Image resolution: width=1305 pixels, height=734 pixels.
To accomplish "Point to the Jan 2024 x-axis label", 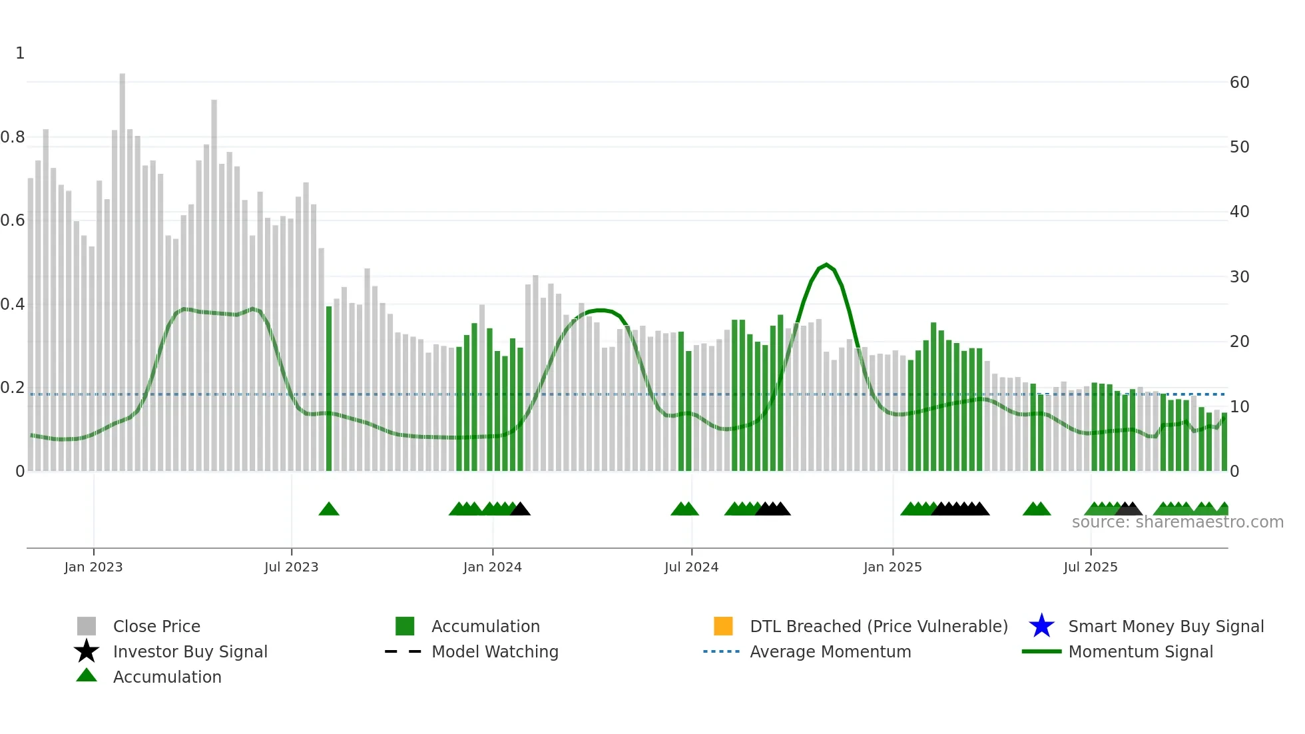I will [492, 567].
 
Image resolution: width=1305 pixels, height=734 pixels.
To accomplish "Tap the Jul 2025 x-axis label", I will [1090, 567].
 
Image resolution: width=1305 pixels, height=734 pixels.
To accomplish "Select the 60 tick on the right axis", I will [1239, 83].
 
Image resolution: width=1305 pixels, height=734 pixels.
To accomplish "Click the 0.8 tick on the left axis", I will [13, 137].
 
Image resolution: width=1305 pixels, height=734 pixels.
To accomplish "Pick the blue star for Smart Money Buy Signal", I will [1041, 626].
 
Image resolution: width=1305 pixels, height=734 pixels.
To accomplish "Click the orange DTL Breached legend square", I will [723, 626].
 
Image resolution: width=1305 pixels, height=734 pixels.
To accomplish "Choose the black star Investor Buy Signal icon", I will [87, 651].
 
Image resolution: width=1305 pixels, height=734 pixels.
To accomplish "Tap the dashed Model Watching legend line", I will [403, 651].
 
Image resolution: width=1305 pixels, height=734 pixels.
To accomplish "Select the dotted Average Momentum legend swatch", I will [722, 651].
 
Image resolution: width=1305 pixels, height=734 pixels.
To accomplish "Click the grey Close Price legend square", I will [87, 626].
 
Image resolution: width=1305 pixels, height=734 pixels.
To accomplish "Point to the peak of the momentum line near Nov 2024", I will [826, 265].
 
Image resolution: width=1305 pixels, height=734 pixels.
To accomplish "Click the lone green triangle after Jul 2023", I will [329, 510].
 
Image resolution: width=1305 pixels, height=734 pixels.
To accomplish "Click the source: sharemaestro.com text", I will [1177, 522].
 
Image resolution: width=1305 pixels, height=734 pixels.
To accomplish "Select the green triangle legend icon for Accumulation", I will [87, 676].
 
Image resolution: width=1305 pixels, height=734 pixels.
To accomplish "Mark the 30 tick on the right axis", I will [1239, 276].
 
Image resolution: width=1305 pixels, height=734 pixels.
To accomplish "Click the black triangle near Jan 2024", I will [521, 510].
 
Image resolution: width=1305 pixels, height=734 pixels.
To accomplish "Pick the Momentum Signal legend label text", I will [1141, 651].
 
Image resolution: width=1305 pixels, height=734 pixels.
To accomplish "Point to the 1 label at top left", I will [20, 53].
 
